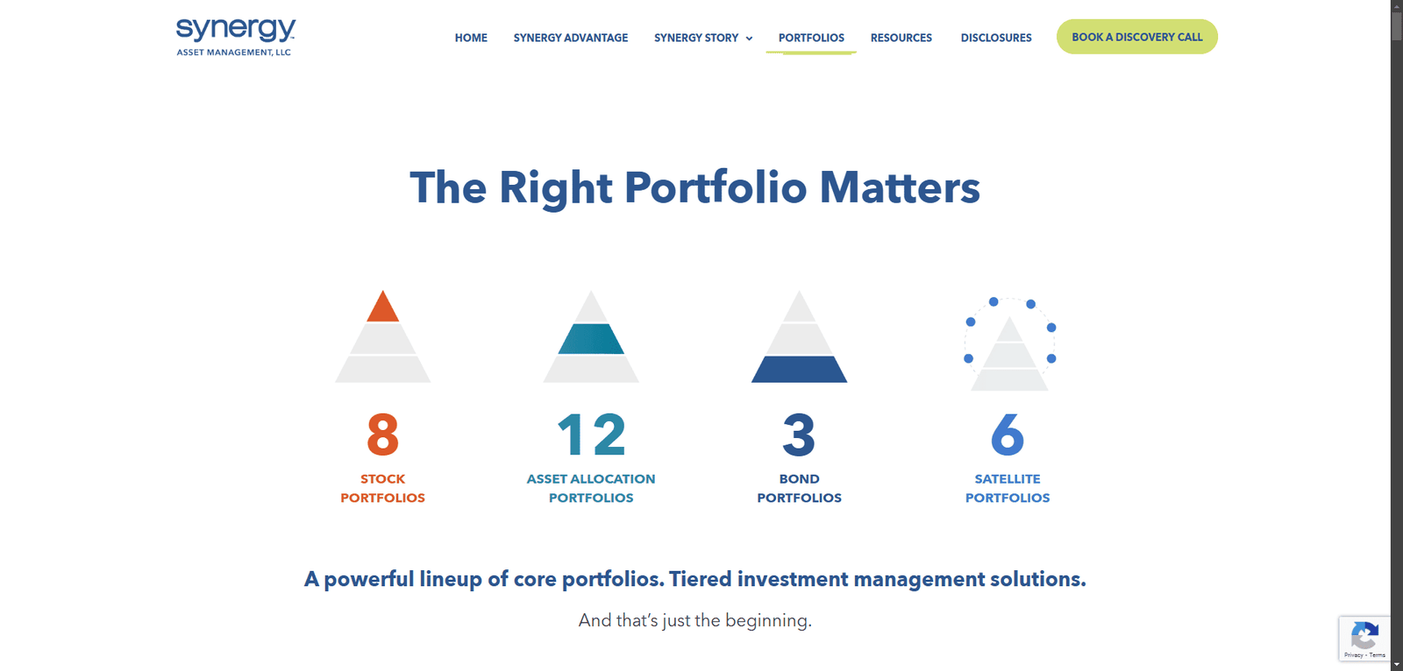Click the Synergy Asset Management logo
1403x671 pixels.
click(x=236, y=37)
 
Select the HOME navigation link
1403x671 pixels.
click(x=471, y=38)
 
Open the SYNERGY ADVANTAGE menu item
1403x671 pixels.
click(x=571, y=38)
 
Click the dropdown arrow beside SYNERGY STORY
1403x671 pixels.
click(x=749, y=39)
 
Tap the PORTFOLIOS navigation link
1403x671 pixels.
click(x=811, y=38)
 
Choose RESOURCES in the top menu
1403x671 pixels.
click(x=901, y=38)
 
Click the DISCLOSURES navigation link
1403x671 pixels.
click(x=996, y=38)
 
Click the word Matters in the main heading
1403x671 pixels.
click(x=900, y=187)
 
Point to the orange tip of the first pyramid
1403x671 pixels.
click(x=382, y=308)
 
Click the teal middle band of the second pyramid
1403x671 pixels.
click(x=591, y=339)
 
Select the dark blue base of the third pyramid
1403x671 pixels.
click(x=799, y=370)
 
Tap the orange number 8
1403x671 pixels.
click(x=382, y=434)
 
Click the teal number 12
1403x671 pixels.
click(x=591, y=434)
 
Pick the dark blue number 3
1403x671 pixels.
click(x=799, y=434)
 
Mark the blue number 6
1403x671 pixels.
click(x=1008, y=434)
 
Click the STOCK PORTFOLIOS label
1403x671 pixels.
click(x=382, y=488)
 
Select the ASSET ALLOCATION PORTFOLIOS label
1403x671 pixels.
click(x=591, y=488)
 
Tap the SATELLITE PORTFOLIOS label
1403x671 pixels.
click(x=1008, y=488)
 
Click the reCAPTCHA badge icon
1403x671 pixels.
click(x=1364, y=636)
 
